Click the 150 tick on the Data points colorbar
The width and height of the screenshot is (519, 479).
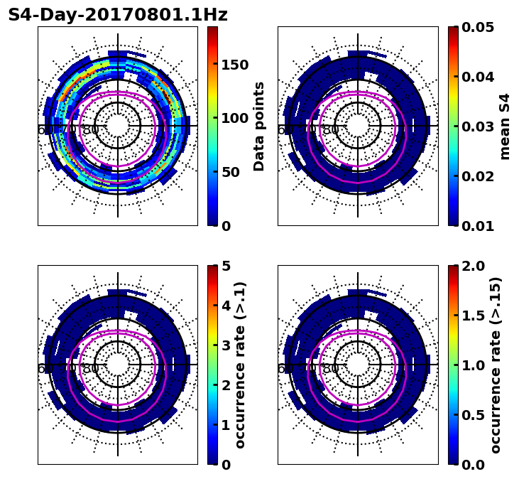click(x=235, y=65)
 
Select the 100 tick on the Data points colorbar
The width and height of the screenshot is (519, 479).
click(x=235, y=119)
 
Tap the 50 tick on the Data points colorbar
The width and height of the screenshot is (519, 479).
click(x=231, y=172)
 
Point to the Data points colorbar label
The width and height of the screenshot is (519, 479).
click(x=259, y=126)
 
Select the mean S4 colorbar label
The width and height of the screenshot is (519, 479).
click(x=505, y=126)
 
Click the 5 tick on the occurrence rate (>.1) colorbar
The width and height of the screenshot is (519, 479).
click(x=226, y=266)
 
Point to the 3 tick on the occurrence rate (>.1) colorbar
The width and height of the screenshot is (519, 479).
click(x=226, y=345)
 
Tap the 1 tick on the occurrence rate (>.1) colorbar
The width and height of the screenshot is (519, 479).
click(x=226, y=425)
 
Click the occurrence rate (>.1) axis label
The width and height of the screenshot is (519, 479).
click(x=241, y=365)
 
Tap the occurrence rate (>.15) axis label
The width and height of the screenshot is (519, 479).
click(x=496, y=365)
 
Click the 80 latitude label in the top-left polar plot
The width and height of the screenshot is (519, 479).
click(x=90, y=130)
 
